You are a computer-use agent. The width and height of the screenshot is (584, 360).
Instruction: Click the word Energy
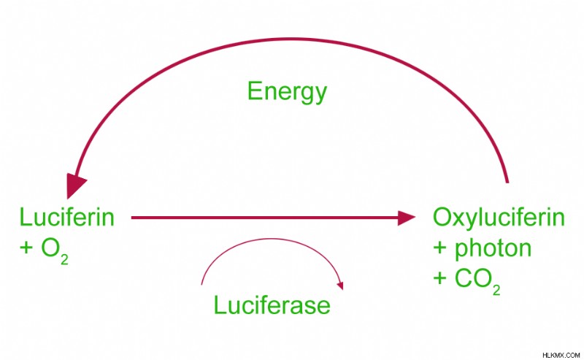click(287, 93)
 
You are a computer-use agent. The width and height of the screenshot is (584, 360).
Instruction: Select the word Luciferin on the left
click(66, 217)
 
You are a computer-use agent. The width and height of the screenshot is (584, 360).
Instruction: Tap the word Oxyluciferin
click(499, 219)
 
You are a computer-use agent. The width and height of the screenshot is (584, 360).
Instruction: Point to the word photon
click(493, 249)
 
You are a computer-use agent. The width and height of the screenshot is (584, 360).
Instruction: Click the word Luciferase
click(272, 305)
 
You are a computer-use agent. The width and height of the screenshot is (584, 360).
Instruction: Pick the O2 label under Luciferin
click(54, 250)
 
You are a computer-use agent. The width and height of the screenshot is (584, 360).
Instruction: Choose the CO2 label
click(477, 281)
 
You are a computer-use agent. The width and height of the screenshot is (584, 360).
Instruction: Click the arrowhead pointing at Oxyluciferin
click(407, 218)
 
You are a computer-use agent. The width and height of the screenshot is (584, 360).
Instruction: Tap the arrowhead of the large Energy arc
click(75, 185)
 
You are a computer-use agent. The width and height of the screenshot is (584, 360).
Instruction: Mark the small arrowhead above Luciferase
click(340, 286)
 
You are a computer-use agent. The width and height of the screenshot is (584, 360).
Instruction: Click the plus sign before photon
click(440, 249)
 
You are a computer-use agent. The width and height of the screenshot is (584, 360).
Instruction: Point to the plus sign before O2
click(26, 248)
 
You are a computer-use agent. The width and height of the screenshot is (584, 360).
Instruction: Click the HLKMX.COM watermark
click(561, 355)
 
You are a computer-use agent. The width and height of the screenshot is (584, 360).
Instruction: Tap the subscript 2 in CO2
click(496, 290)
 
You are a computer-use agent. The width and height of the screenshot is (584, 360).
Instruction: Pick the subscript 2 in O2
click(64, 259)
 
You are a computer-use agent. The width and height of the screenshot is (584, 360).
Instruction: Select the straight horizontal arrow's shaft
click(265, 218)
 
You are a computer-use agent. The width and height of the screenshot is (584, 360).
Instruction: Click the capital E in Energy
click(254, 91)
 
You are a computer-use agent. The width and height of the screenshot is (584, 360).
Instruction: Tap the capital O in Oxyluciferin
click(442, 217)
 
